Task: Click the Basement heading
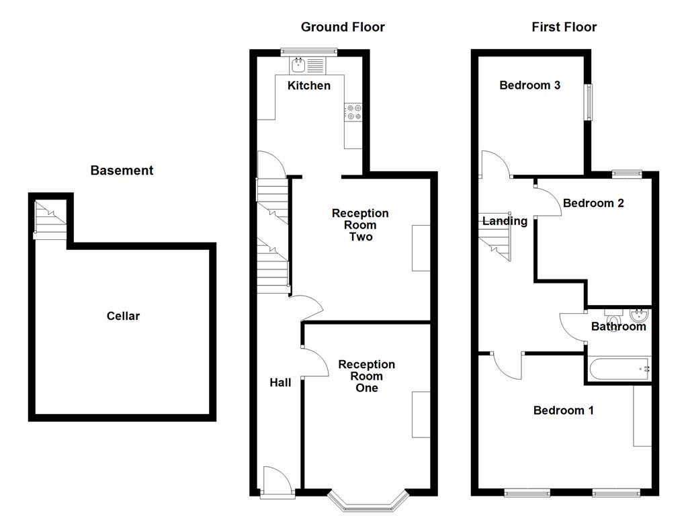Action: [122, 170]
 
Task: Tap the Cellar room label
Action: [123, 316]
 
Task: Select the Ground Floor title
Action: [343, 27]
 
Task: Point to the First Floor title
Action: [564, 27]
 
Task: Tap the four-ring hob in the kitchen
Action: [353, 112]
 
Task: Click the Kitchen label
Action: [309, 85]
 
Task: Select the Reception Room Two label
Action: [360, 225]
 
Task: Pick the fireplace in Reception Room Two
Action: [421, 248]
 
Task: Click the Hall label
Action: [280, 382]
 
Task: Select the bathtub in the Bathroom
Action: [619, 370]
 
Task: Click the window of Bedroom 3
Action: [588, 102]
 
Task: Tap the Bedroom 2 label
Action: [593, 203]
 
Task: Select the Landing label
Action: [505, 220]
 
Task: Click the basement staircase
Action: [50, 220]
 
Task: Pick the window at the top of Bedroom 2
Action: [627, 174]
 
